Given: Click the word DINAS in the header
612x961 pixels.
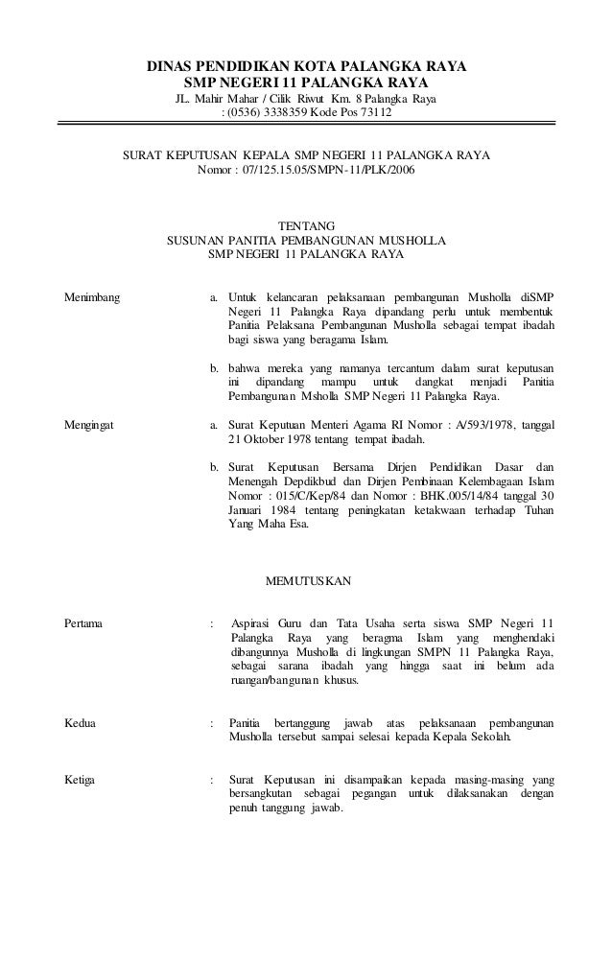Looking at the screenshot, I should pos(169,68).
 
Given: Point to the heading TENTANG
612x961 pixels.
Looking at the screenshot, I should pos(306,224).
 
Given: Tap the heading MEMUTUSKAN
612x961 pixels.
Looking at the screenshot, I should pos(306,581).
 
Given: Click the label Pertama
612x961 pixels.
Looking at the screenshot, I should pos(84,623).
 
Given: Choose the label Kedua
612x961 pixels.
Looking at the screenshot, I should pos(80,721).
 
